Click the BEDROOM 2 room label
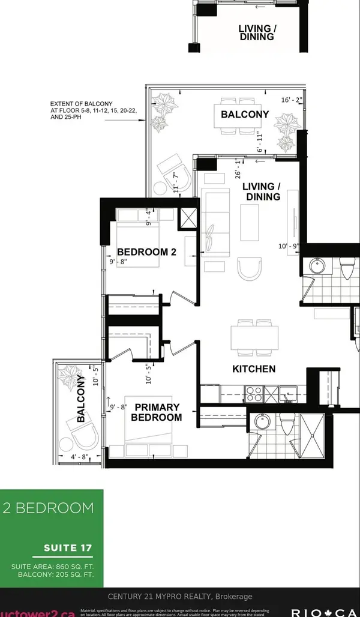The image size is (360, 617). click(146, 251)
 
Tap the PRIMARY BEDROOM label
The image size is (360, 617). click(157, 412)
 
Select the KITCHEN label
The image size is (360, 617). click(254, 369)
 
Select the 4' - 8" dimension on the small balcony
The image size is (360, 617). click(78, 458)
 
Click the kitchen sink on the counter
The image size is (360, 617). click(288, 394)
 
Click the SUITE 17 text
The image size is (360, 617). click(68, 547)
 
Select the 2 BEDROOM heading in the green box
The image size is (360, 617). click(48, 508)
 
